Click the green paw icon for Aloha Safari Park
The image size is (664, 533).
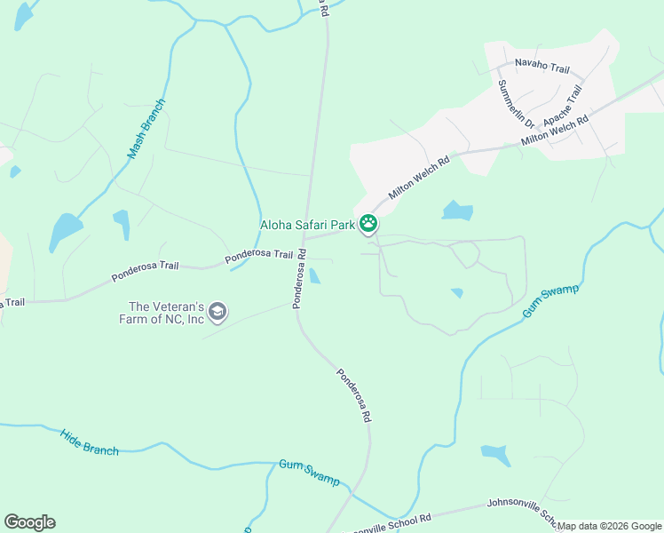(368, 224)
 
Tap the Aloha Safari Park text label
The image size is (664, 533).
(307, 226)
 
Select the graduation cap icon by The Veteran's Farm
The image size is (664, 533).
(217, 312)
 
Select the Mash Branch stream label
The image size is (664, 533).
(146, 128)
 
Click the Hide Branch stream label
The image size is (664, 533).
(89, 442)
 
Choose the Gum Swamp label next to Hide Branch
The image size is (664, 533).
(309, 472)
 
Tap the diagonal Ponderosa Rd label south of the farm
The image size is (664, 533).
(353, 394)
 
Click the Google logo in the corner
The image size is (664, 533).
(29, 522)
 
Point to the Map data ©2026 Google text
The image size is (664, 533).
(609, 526)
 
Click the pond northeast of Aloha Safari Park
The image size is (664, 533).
(457, 211)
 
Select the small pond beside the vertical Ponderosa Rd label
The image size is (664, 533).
(314, 276)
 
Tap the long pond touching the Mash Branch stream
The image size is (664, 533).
(65, 232)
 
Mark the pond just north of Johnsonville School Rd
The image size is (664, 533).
(496, 455)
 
